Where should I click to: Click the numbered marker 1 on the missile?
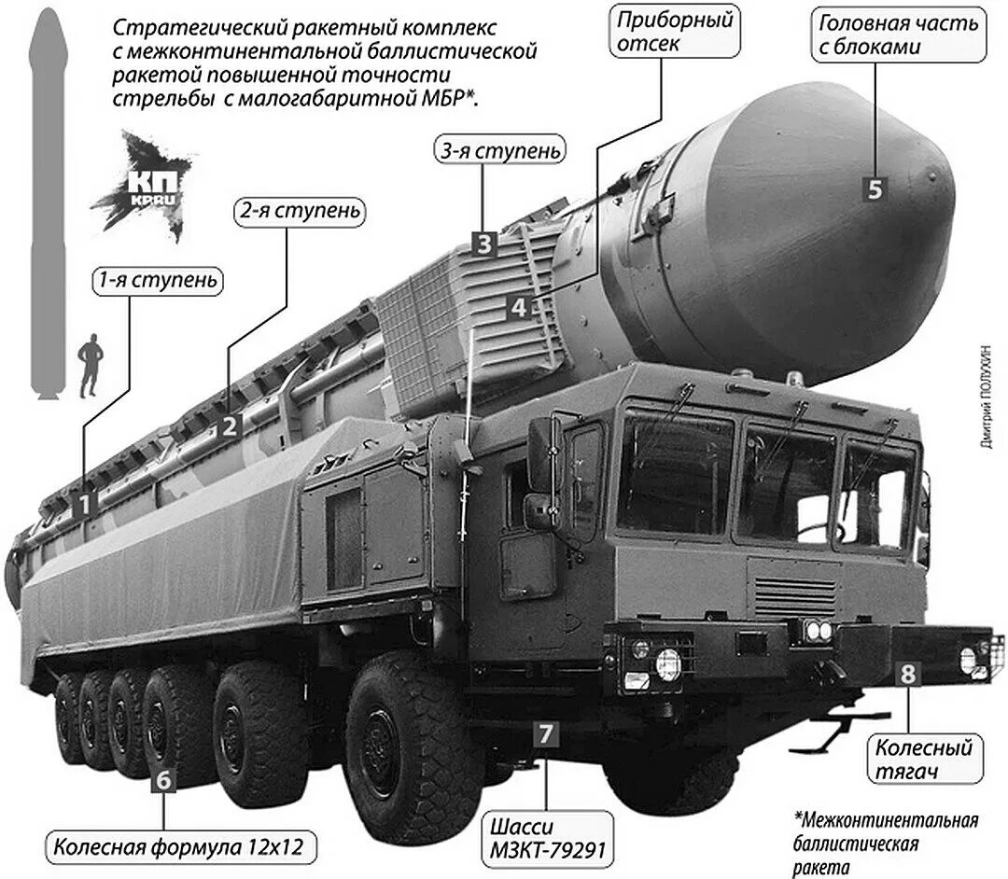click(85, 505)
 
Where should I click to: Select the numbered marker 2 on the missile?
click(229, 426)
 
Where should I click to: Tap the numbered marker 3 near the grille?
click(483, 244)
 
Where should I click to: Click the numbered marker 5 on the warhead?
click(875, 188)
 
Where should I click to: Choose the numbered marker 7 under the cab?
click(546, 733)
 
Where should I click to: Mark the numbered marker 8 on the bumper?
click(907, 674)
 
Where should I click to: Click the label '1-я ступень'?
click(158, 280)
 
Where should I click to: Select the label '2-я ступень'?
click(298, 211)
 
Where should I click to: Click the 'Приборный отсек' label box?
click(675, 32)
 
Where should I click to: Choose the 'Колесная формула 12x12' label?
click(179, 848)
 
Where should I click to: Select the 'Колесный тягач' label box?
click(924, 759)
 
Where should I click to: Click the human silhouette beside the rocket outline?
click(91, 366)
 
